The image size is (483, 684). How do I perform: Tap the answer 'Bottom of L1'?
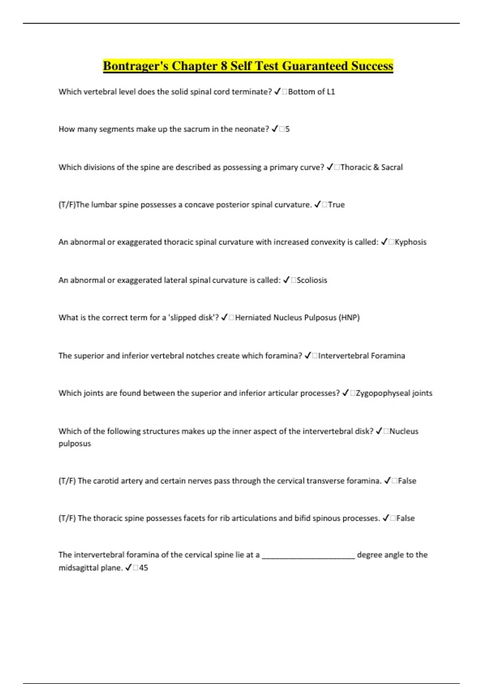pos(312,92)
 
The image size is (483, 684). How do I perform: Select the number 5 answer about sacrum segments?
pos(287,129)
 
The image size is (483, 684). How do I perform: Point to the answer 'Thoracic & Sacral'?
pos(372,167)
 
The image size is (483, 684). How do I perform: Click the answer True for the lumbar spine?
pos(336,204)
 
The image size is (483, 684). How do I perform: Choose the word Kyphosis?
pos(411,242)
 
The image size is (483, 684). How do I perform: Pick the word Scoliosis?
pos(312,280)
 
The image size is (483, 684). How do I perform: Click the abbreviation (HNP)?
pos(349,317)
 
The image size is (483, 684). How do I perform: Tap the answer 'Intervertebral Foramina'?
pos(361,356)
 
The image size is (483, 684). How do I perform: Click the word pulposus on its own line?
pos(75,443)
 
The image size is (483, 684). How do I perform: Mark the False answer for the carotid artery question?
pos(407,481)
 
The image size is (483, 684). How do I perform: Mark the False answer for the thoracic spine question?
pos(405,518)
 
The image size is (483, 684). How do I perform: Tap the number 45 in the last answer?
pos(143,568)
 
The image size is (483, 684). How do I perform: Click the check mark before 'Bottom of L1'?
pos(277,92)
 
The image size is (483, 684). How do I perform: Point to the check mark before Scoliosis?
pos(287,280)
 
